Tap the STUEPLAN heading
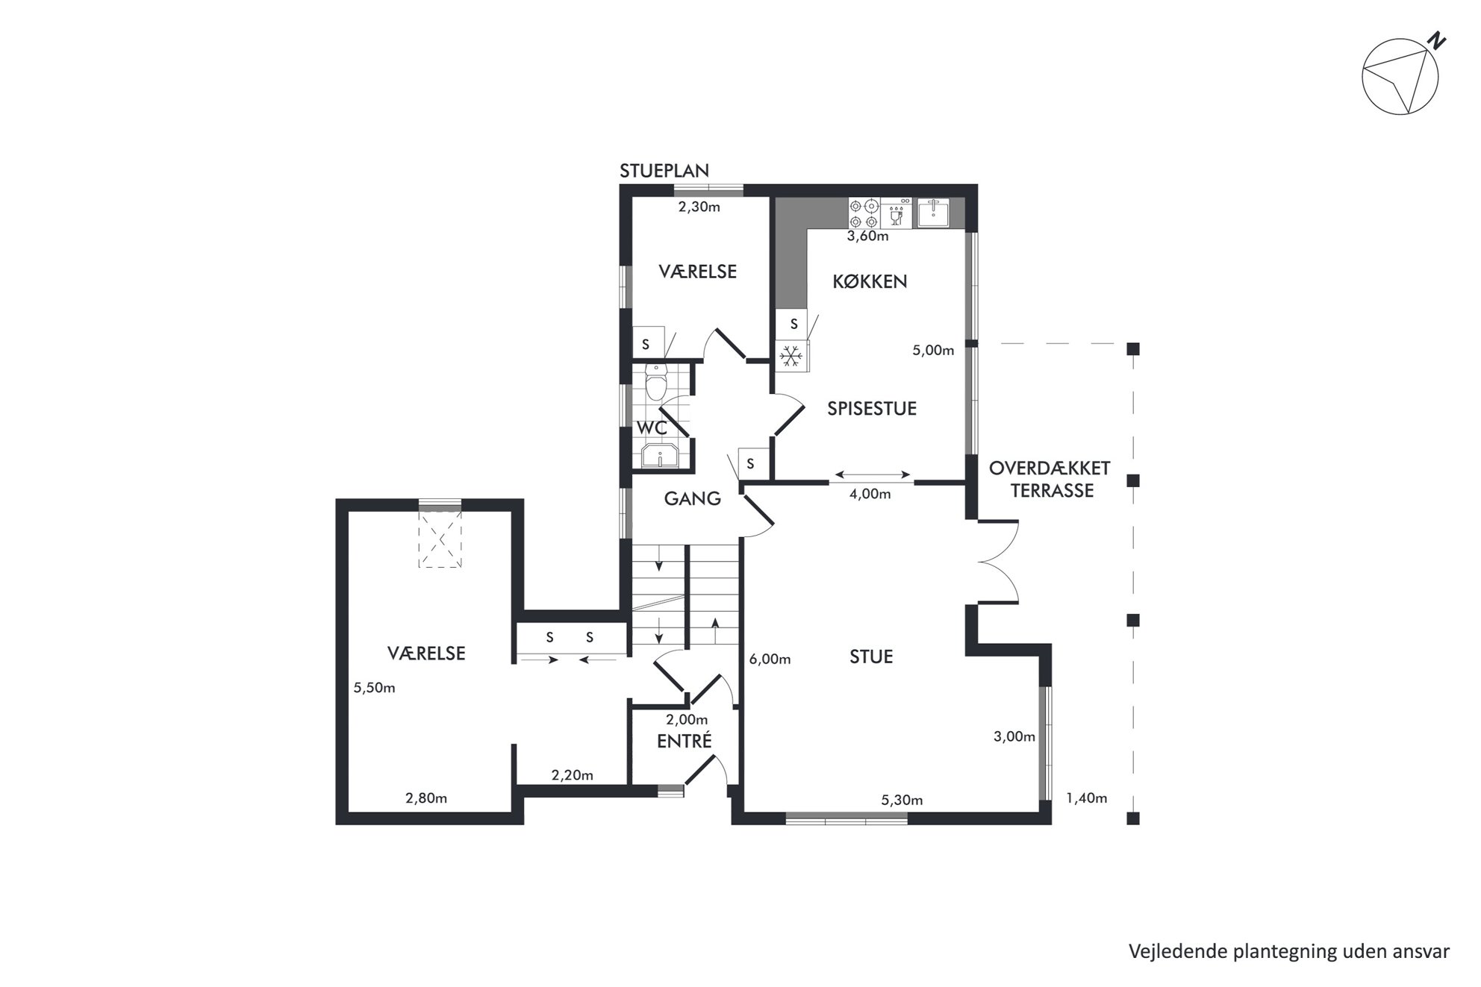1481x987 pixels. [x=664, y=171]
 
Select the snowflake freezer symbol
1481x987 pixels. [x=791, y=356]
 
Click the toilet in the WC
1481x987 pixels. [x=656, y=385]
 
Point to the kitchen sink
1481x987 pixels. [x=932, y=213]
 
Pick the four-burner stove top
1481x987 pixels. [x=864, y=213]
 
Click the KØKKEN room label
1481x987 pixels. [x=870, y=281]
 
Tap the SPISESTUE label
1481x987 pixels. [x=871, y=408]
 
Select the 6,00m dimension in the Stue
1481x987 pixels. [x=770, y=659]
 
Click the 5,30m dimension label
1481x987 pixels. [x=902, y=800]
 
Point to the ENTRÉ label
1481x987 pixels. [x=684, y=741]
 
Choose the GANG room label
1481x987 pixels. [x=692, y=498]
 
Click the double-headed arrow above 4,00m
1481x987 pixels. [x=873, y=474]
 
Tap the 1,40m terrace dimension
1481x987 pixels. [x=1086, y=798]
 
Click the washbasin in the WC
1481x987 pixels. [x=659, y=454]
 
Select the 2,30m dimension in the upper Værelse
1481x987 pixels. [x=699, y=207]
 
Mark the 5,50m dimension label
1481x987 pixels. [x=374, y=688]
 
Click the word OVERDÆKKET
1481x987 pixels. [x=1050, y=468]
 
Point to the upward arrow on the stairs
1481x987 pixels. [x=715, y=631]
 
